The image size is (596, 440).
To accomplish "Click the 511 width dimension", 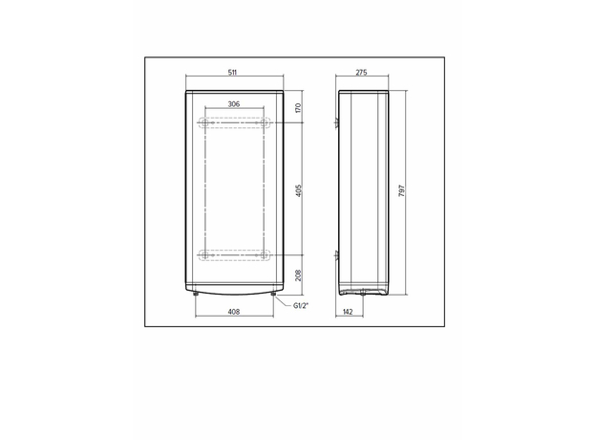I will [233, 73].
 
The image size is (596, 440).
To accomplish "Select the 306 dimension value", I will [233, 103].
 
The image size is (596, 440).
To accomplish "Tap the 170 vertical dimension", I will [298, 107].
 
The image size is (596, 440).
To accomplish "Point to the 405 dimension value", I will [298, 189].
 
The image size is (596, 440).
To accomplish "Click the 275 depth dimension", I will [362, 73].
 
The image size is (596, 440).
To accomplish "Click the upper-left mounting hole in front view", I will [202, 123].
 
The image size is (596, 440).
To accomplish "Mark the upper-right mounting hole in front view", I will [265, 123].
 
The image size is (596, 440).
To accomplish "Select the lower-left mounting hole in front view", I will [202, 254].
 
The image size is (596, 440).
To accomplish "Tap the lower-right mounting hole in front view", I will [265, 254].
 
